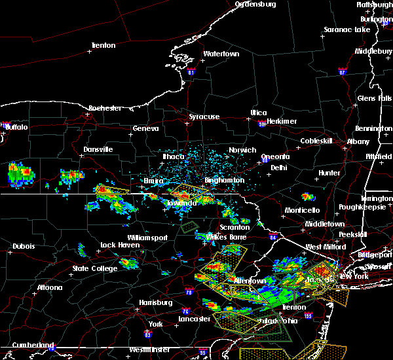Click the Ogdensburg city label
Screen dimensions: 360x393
point(255,4)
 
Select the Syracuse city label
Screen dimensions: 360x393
point(204,117)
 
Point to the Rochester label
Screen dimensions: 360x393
point(105,108)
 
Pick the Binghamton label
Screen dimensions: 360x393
point(224,180)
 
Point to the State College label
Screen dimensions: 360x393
point(90,268)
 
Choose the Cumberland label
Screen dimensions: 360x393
point(31,344)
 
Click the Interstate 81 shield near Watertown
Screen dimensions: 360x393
point(191,71)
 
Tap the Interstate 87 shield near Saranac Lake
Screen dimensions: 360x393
point(342,71)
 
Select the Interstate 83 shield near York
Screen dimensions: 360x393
point(147,335)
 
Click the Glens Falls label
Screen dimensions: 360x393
point(375,98)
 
